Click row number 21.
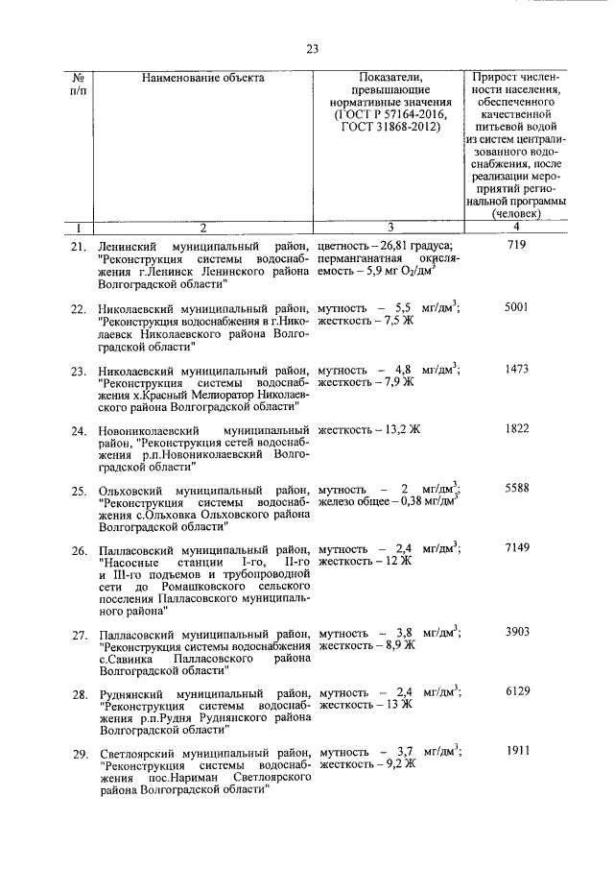tap(80, 248)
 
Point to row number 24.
tap(80, 429)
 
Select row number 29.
tap(80, 752)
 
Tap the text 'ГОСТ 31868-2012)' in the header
tap(390, 125)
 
